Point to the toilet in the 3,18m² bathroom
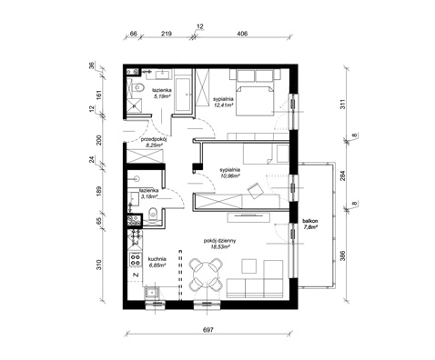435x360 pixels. (x=154, y=215)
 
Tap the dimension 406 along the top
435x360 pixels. (x=241, y=33)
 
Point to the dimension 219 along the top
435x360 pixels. (x=167, y=33)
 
